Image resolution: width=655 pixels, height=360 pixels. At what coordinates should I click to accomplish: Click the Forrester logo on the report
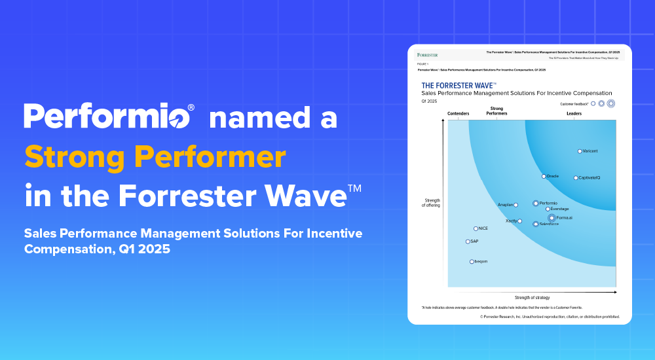pos(427,54)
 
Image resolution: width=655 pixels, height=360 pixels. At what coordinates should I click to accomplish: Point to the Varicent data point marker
pos(580,151)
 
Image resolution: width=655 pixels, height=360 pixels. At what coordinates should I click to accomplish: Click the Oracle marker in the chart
pos(544,176)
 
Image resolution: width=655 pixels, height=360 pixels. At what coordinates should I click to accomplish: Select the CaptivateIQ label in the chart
pos(589,178)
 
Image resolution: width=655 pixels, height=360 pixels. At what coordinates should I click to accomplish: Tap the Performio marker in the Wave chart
pos(536,204)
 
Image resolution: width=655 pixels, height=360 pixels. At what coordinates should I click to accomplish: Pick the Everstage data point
pos(548,209)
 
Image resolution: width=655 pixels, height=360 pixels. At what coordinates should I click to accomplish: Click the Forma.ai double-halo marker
pos(552,218)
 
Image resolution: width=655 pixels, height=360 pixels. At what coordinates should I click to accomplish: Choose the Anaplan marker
pos(516,205)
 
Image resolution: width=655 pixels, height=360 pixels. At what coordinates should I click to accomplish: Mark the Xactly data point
pos(520,221)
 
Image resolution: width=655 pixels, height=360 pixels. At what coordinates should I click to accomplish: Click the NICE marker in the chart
pos(476,228)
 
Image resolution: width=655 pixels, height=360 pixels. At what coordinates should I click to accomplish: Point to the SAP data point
pos(468,242)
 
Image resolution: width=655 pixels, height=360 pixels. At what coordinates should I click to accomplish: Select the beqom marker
pos(472,262)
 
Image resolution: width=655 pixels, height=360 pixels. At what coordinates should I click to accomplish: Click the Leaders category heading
pos(574,114)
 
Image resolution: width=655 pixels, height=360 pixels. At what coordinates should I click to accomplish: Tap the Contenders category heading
pos(458,114)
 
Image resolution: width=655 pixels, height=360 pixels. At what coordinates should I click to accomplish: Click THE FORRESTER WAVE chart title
pos(458,85)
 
